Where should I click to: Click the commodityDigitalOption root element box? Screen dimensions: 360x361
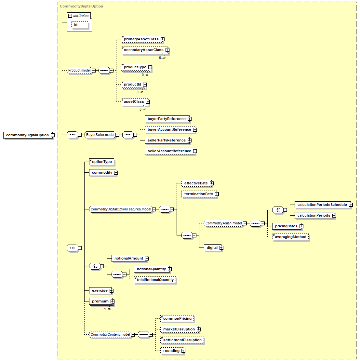[27, 135]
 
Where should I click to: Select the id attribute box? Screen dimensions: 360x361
[80, 25]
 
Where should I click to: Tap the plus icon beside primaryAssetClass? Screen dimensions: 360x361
[163, 39]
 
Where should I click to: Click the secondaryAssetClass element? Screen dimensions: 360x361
[144, 50]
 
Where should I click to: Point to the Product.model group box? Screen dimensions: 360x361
[79, 71]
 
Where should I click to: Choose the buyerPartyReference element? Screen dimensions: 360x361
[167, 119]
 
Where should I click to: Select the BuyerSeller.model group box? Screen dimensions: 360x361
[100, 135]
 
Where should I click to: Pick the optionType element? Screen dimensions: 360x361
[101, 162]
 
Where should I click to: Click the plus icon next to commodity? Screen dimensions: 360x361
[116, 173]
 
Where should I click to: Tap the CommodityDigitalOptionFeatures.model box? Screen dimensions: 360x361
[121, 209]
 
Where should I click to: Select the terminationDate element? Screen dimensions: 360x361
[198, 194]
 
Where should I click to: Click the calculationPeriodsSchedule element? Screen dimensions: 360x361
[322, 205]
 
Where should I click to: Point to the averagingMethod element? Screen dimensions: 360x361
[290, 237]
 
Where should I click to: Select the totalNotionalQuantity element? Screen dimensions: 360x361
[155, 280]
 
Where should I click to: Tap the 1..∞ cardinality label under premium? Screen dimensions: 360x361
[107, 309]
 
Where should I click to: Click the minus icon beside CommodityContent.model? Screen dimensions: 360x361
[133, 335]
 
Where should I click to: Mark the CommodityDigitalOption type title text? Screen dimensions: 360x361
[82, 6]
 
